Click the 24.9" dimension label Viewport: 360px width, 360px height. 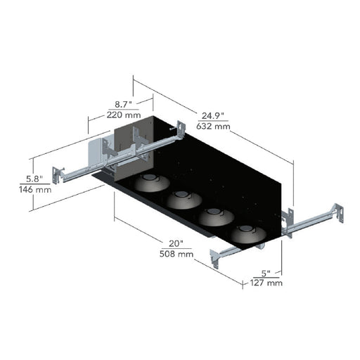(x=213, y=116)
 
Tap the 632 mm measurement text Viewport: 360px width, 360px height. (x=213, y=127)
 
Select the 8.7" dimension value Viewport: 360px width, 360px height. (x=124, y=105)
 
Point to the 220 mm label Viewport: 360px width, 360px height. (x=124, y=115)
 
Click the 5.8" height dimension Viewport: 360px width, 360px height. (x=34, y=179)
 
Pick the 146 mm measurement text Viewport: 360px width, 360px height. (x=35, y=189)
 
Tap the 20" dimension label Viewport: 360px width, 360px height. (x=176, y=243)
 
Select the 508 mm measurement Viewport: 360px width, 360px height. (x=176, y=254)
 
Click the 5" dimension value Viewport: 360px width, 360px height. (x=266, y=274)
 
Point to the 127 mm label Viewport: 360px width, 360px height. (x=266, y=283)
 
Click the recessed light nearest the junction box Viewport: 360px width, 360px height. (x=152, y=183)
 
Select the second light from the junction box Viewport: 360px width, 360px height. (x=184, y=200)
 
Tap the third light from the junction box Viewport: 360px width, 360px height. (x=217, y=217)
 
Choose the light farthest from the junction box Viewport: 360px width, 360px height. (x=249, y=234)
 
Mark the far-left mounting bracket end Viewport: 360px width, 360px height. (x=57, y=175)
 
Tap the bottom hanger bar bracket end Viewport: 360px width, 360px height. (x=214, y=258)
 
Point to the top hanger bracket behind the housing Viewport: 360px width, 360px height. (x=181, y=129)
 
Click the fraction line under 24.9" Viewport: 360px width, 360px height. (x=213, y=121)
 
